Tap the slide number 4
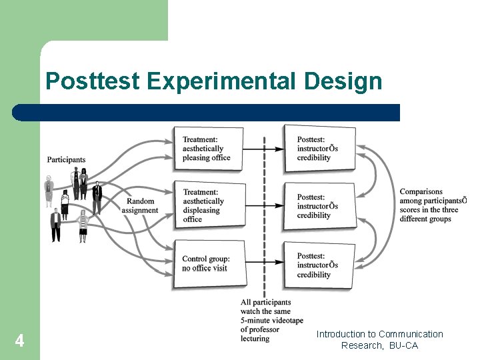[x=19, y=341]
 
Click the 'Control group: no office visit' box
[x=208, y=264]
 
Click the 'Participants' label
[x=66, y=159]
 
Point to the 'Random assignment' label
[x=140, y=205]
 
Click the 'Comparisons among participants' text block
[x=432, y=205]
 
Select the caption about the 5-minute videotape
[x=265, y=320]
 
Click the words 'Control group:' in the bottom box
[x=206, y=259]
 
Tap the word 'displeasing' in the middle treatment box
[x=201, y=210]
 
